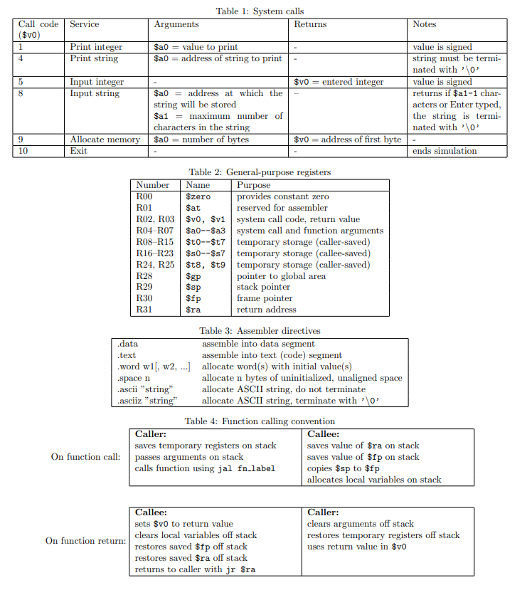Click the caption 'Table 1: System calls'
pyautogui.click(x=260, y=11)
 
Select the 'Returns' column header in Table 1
pyautogui.click(x=310, y=24)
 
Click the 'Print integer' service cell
pyautogui.click(x=96, y=47)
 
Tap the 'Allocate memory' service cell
pyautogui.click(x=105, y=139)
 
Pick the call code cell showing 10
pyautogui.click(x=22, y=151)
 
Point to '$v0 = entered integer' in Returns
pyautogui.click(x=339, y=82)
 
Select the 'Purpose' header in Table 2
pyautogui.click(x=253, y=185)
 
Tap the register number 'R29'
pyautogui.click(x=144, y=287)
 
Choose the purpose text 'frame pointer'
pyautogui.click(x=265, y=298)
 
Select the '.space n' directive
pyautogui.click(x=133, y=378)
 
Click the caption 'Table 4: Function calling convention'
pyautogui.click(x=260, y=421)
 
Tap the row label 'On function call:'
pyautogui.click(x=85, y=456)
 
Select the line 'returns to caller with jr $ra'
pyautogui.click(x=195, y=569)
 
